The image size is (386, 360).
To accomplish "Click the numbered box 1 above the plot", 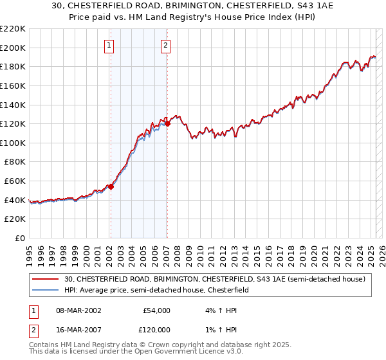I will (x=110, y=46).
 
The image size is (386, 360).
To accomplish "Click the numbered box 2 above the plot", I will (x=166, y=46).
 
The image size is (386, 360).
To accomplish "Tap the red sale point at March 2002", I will (x=111, y=187).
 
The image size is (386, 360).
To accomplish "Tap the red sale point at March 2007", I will (x=167, y=124).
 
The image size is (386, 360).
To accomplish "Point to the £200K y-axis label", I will (x=13, y=48).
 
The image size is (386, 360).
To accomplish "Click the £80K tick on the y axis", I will (x=15, y=162).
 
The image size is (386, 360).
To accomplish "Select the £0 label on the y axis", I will (x=19, y=239).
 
